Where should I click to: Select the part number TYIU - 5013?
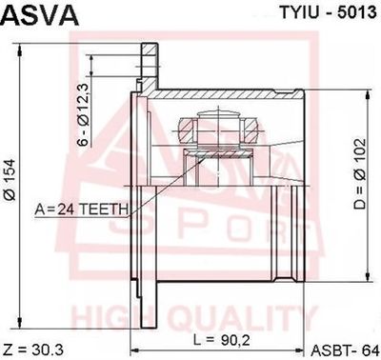click(328, 12)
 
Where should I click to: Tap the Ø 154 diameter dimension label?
click(10, 180)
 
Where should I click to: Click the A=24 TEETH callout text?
click(82, 209)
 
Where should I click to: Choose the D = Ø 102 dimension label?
click(360, 173)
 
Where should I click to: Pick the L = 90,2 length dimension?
click(222, 341)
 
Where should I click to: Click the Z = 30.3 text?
click(34, 350)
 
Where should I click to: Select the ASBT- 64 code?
click(344, 350)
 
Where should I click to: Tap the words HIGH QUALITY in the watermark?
click(194, 316)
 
